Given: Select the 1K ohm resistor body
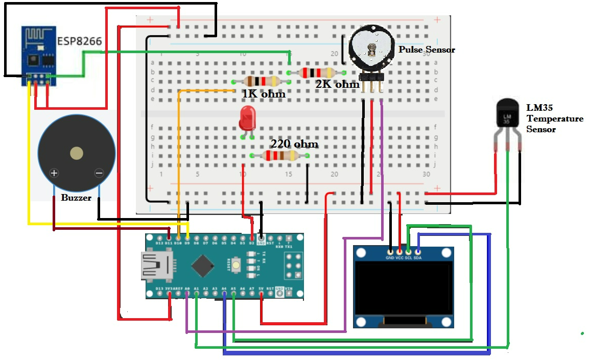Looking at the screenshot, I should [x=262, y=81].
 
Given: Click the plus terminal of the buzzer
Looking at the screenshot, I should [x=54, y=173].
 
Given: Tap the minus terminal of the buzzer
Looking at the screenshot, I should [x=99, y=173].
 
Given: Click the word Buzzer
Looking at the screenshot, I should [x=76, y=198].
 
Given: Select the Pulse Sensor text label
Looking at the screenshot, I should [x=427, y=50].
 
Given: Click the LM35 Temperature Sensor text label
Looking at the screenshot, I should [x=554, y=118].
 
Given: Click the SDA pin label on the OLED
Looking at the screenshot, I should [x=417, y=258].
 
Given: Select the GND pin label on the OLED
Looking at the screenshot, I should [x=390, y=258].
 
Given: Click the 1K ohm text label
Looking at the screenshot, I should [x=264, y=94].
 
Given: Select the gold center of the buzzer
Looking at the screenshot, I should [x=77, y=153].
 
